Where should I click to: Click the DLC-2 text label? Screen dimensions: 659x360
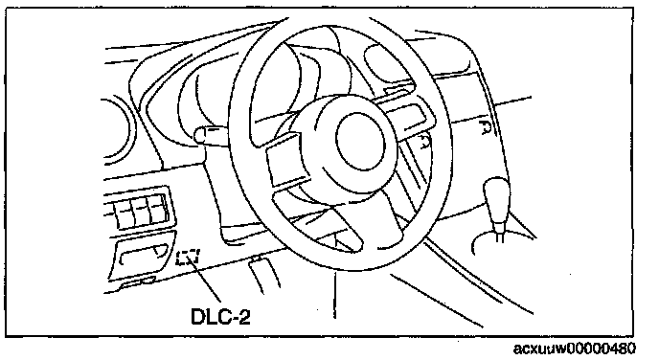point(220,316)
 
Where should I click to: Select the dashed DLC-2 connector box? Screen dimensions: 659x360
point(188,258)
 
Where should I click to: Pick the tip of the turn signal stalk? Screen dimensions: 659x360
point(198,136)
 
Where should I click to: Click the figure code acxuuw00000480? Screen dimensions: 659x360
point(575,349)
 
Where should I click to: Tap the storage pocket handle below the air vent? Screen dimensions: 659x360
point(142,254)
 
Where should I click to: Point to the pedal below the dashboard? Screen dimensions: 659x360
point(264,275)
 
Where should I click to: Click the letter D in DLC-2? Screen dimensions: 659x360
point(198,316)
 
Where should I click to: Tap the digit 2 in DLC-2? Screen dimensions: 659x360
point(244,317)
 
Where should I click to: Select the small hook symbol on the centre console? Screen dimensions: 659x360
point(485,126)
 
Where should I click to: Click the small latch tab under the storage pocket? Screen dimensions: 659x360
point(139,282)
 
